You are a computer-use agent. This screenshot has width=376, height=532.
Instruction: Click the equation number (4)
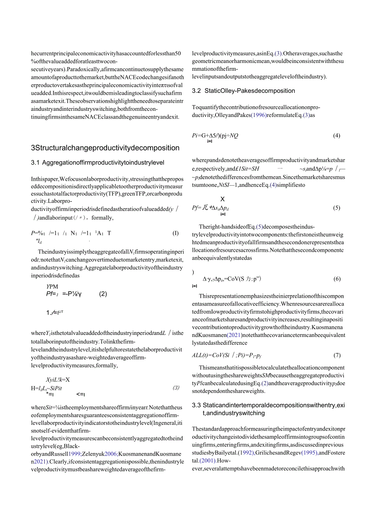[x=336, y=136]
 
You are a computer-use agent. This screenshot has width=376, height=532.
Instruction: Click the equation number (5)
[x=336, y=208]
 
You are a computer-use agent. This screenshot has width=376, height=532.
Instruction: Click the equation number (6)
[x=336, y=279]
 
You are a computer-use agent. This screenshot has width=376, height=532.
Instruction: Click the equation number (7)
[x=336, y=355]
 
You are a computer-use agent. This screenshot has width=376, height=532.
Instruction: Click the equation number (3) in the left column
[x=176, y=388]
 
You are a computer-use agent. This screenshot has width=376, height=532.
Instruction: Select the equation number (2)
[x=103, y=294]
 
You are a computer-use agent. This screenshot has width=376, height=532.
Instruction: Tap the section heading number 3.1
[x=36, y=163]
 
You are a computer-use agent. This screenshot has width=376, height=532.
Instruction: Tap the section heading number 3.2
[x=197, y=91]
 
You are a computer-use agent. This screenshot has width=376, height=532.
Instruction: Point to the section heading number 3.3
[x=197, y=405]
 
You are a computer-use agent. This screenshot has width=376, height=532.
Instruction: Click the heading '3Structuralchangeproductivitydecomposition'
[x=105, y=148]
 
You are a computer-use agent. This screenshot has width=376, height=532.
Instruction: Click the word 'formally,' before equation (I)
[x=101, y=218]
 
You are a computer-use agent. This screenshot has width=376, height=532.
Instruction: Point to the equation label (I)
[x=176, y=233]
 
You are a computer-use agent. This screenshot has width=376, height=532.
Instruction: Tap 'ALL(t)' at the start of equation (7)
[x=200, y=355]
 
